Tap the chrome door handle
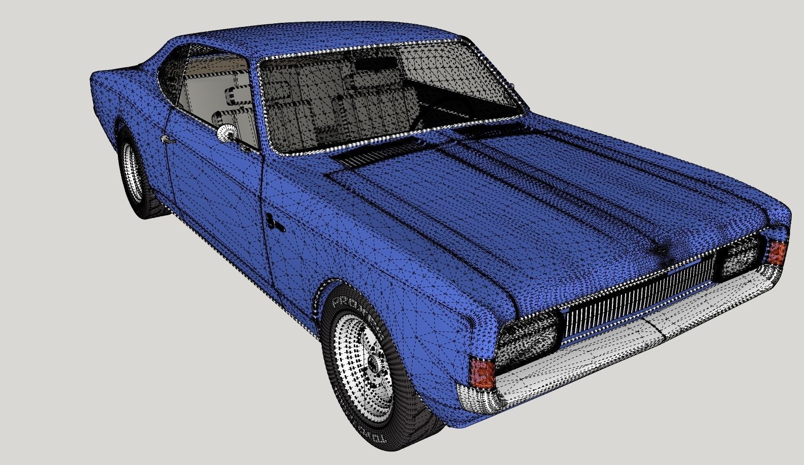click(x=166, y=139)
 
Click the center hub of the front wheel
click(x=375, y=361)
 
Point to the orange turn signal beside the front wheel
click(x=482, y=372)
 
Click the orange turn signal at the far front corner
click(x=777, y=252)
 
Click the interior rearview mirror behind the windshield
click(x=376, y=64)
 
